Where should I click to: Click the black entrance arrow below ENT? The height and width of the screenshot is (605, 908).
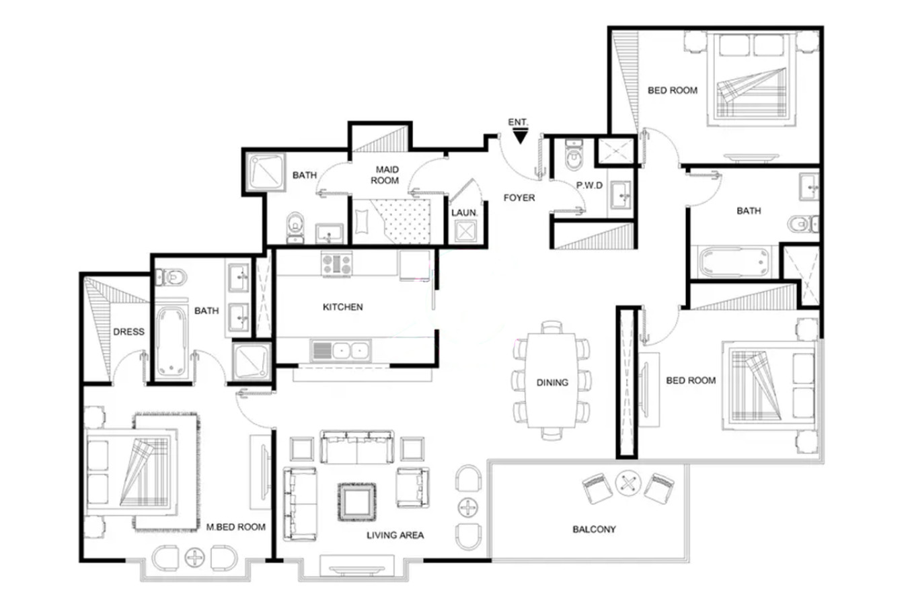tap(520, 136)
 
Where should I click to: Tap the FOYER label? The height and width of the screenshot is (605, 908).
tap(519, 198)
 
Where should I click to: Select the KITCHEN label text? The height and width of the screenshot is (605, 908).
tap(342, 307)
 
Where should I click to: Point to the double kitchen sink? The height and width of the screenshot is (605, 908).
tap(340, 350)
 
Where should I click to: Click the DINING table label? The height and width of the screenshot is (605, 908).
tap(552, 382)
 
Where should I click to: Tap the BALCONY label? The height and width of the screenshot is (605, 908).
tap(594, 529)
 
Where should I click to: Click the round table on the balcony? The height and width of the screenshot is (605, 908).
tap(628, 483)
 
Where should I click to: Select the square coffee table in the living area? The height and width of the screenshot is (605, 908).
tap(357, 502)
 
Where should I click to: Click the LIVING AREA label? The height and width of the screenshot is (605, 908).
tap(395, 535)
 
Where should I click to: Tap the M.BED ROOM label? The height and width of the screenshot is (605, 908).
tap(236, 527)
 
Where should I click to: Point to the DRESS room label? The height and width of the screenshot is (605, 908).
tap(128, 332)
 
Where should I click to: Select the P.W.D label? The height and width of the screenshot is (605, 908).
tap(589, 185)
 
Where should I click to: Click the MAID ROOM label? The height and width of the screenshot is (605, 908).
tap(385, 175)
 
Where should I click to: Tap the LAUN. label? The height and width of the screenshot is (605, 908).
tap(465, 212)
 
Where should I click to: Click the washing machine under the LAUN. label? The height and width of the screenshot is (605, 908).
tap(465, 231)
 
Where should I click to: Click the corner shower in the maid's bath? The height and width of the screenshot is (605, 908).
tap(266, 172)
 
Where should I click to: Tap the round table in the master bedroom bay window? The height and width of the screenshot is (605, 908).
tap(195, 557)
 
